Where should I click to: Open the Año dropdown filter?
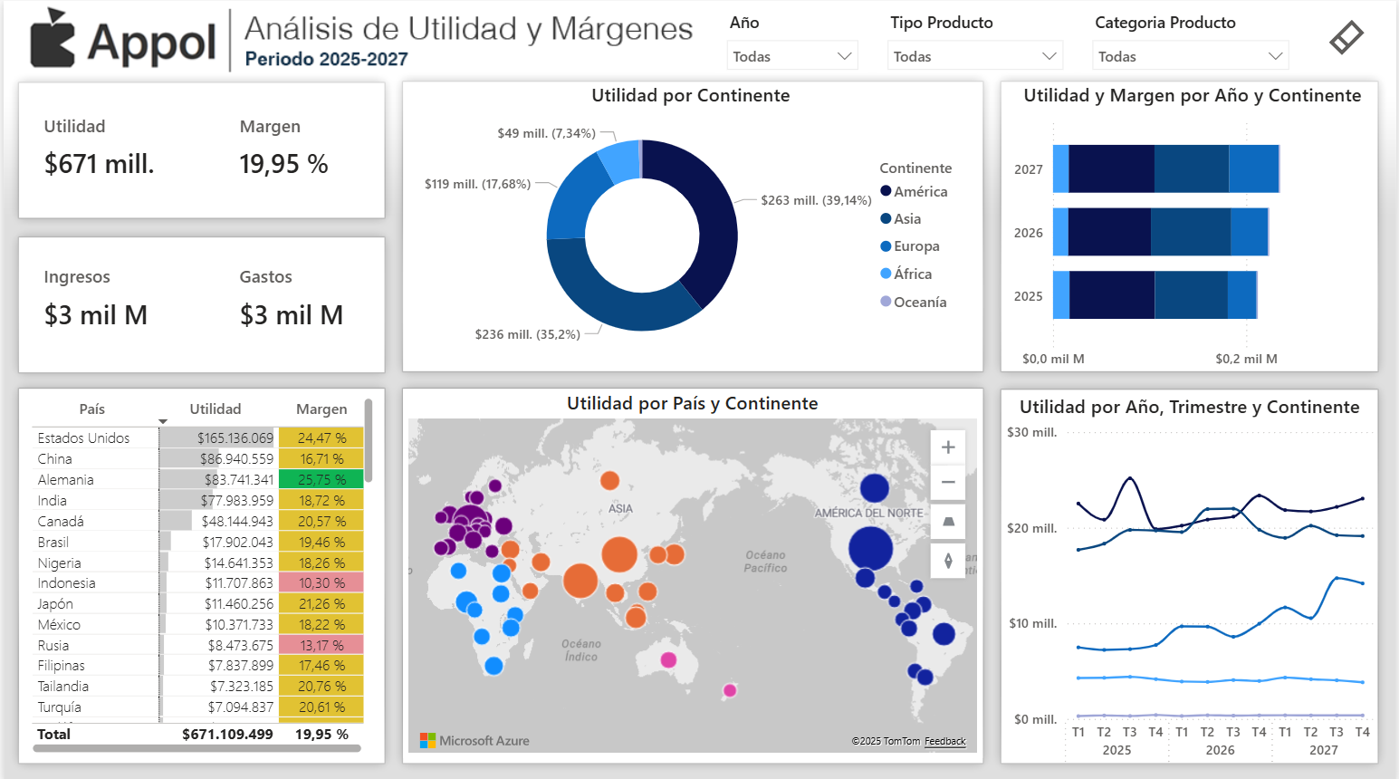[x=791, y=56]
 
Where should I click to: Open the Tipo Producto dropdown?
[x=974, y=56]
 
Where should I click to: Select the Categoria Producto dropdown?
[x=1191, y=56]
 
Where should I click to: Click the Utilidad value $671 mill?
[x=100, y=164]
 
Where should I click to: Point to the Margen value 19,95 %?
[x=283, y=164]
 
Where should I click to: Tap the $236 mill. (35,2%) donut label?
[x=527, y=334]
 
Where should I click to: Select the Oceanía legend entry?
[x=919, y=303]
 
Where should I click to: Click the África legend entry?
[x=912, y=274]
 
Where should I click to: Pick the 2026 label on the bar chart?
[x=1029, y=233]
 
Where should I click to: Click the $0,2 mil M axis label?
[x=1246, y=359]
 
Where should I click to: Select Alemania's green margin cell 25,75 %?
[x=321, y=480]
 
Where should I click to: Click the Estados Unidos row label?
[x=83, y=438]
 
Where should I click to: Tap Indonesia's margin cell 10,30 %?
[x=321, y=583]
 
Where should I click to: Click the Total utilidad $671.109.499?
[x=227, y=735]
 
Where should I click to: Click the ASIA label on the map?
[x=620, y=509]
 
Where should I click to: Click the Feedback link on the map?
[x=944, y=741]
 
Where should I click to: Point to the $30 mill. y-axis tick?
[x=1031, y=433]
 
